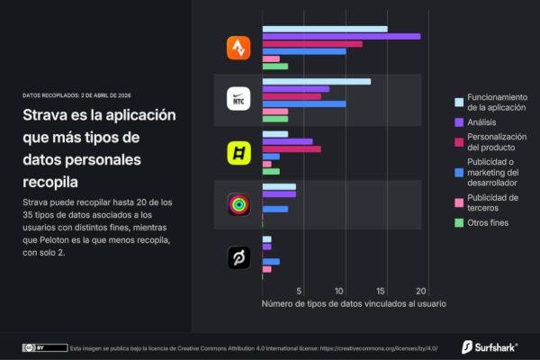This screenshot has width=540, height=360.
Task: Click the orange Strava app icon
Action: click(x=238, y=48)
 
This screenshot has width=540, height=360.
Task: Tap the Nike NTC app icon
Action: click(x=238, y=99)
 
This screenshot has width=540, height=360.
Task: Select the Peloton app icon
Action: click(x=238, y=259)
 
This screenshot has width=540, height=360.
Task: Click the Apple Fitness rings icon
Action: click(x=238, y=204)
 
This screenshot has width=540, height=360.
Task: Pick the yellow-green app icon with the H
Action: click(x=238, y=153)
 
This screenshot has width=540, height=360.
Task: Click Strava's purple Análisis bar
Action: click(x=341, y=36)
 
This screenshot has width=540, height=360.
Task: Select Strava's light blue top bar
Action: click(x=325, y=29)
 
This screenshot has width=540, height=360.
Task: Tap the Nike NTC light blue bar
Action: click(x=317, y=81)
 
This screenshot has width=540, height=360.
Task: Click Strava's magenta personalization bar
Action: click(x=312, y=43)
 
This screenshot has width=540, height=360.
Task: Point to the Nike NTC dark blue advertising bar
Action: click(x=304, y=103)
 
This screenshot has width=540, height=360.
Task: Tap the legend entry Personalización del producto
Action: click(x=496, y=141)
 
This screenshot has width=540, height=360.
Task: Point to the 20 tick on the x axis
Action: click(x=420, y=290)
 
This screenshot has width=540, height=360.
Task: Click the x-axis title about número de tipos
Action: click(x=354, y=303)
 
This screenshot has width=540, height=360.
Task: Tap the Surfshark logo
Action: click(x=490, y=346)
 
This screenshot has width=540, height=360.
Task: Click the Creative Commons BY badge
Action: click(x=44, y=346)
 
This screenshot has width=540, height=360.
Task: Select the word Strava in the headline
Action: click(x=51, y=117)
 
